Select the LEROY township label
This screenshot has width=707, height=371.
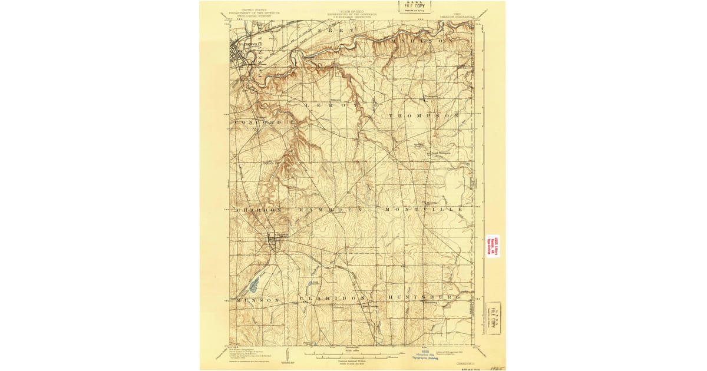tap(331, 104)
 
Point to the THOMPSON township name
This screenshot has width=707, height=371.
tap(424, 117)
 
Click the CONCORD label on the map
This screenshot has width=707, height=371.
tap(259, 122)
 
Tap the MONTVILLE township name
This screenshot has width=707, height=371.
tap(424, 210)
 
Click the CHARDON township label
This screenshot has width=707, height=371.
tap(262, 210)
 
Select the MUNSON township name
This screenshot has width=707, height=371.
tap(258, 300)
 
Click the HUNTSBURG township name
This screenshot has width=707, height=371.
tap(424, 298)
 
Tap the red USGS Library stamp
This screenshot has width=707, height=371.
tap(493, 247)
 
